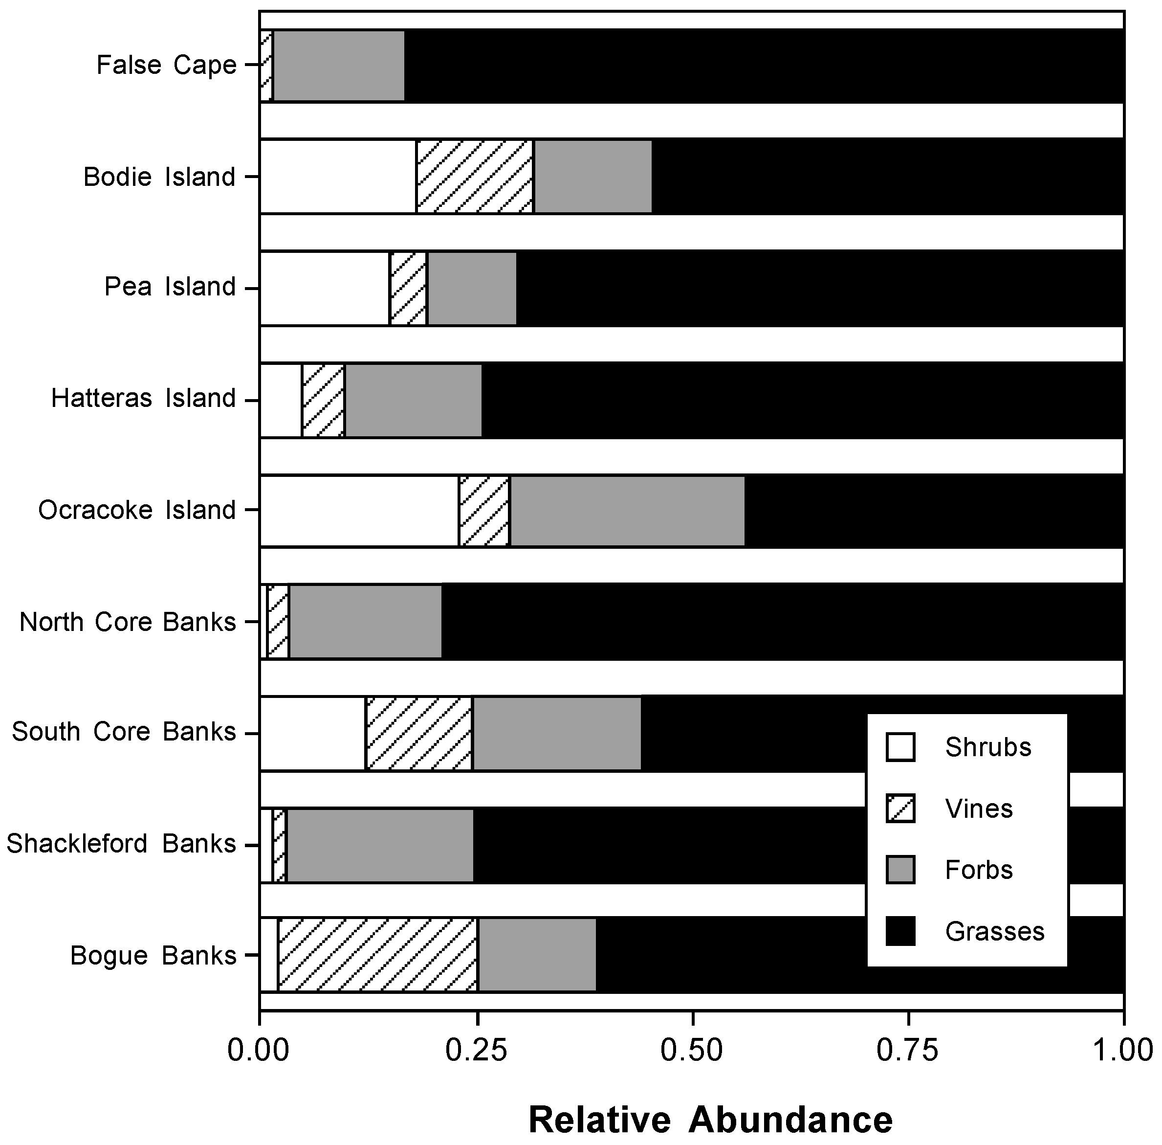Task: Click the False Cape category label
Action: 167,66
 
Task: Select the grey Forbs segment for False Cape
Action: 338,66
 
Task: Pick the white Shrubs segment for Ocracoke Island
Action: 359,511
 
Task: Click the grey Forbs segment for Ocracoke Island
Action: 627,511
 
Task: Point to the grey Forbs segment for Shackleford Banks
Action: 380,845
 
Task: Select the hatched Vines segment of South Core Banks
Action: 419,733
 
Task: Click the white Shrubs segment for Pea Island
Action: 325,288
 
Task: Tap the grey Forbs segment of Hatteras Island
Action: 413,400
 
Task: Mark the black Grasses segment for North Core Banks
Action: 782,621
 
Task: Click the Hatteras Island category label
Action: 143,399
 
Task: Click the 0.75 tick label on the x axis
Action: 908,1050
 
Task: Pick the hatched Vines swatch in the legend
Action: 900,808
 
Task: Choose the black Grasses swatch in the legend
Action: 900,931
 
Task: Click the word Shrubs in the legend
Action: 987,747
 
